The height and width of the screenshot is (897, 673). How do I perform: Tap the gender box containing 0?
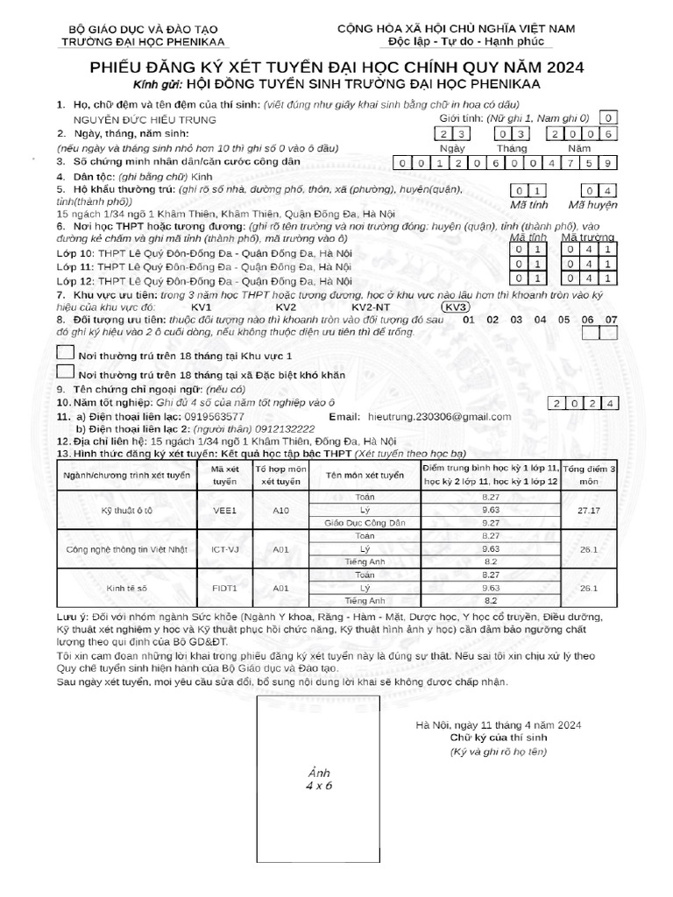pyautogui.click(x=608, y=117)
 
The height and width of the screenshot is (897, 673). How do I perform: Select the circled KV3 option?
pyautogui.click(x=456, y=307)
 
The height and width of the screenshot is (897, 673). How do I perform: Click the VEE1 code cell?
pyautogui.click(x=225, y=509)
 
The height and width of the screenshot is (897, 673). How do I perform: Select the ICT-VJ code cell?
pyautogui.click(x=225, y=549)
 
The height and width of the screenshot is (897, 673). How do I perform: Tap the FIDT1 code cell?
pyautogui.click(x=225, y=589)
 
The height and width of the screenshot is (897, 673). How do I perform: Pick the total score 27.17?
pyautogui.click(x=589, y=509)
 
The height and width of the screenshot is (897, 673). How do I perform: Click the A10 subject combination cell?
pyautogui.click(x=281, y=509)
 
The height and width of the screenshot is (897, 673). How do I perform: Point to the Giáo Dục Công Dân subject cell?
pyautogui.click(x=365, y=522)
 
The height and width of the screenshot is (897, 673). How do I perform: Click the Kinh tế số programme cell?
pyautogui.click(x=129, y=589)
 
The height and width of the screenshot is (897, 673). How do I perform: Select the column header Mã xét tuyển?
pyautogui.click(x=225, y=476)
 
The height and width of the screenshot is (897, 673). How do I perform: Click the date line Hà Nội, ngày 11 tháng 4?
pyautogui.click(x=499, y=725)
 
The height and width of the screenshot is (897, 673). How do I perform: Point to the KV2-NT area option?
pyautogui.click(x=371, y=307)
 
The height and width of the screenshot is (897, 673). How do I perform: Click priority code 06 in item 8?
pyautogui.click(x=587, y=320)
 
